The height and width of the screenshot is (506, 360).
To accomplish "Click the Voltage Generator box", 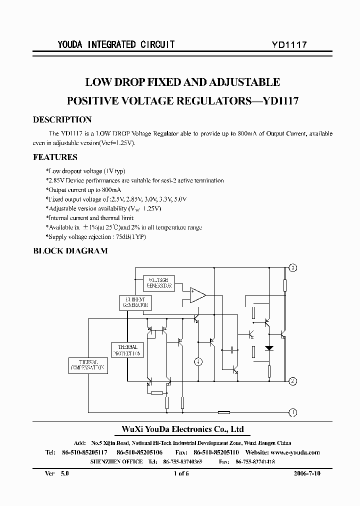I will (x=158, y=283).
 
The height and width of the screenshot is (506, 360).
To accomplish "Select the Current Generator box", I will (x=135, y=302).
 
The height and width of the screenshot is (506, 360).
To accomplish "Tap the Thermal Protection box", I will (x=127, y=349).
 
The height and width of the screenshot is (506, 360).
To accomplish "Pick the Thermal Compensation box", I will (x=87, y=365).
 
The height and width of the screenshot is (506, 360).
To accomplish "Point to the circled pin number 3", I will (x=293, y=268).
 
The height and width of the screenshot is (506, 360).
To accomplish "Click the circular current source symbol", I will (x=198, y=361).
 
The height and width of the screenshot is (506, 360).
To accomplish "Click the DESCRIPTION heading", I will (x=62, y=120).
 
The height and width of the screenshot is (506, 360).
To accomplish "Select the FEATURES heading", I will (x=55, y=157).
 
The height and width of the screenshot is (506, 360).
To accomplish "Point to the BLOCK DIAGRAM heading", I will (x=70, y=251).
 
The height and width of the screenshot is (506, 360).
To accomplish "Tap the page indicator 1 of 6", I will (x=180, y=472).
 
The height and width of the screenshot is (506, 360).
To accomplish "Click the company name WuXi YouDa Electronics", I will (x=183, y=429).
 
